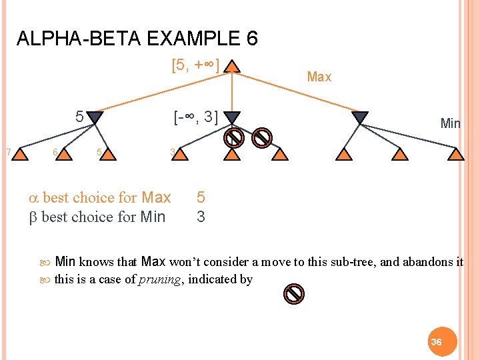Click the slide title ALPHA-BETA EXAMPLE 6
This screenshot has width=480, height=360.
click(137, 39)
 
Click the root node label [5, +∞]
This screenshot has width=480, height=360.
click(195, 66)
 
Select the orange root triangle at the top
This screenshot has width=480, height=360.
click(231, 67)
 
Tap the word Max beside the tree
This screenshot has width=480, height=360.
click(319, 77)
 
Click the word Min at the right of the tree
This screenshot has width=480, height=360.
click(450, 123)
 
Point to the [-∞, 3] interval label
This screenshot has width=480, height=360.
click(195, 117)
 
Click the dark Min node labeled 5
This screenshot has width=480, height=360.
click(95, 117)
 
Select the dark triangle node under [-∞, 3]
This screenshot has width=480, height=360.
click(231, 117)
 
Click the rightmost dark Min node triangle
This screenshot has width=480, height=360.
click(360, 117)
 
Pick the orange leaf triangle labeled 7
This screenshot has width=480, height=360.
click(21, 155)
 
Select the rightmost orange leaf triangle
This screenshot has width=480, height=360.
click(455, 155)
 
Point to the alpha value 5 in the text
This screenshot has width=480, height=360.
click(201, 197)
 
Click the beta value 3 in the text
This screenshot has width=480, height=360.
click(201, 217)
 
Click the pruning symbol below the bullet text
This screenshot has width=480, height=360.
click(294, 293)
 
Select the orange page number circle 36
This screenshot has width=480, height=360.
click(437, 341)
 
